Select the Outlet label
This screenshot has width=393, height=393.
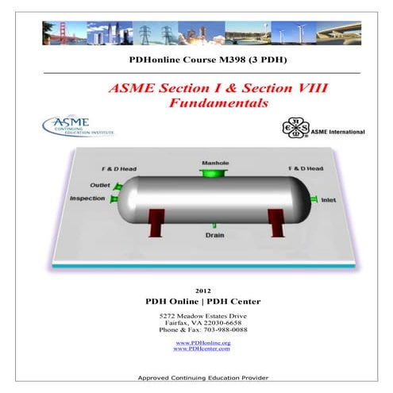[99, 185]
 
